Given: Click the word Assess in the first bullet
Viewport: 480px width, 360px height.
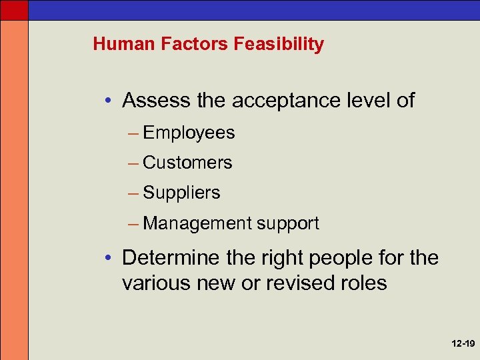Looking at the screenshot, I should [157, 101].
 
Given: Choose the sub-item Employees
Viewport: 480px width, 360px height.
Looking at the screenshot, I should [189, 133].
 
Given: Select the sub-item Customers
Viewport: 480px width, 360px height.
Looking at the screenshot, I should [187, 163].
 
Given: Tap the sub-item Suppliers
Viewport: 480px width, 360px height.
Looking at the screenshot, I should [181, 193].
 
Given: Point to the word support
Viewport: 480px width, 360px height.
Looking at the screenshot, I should [287, 224].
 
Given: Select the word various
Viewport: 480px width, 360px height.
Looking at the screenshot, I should [153, 283].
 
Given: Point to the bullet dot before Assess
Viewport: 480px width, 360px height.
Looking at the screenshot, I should [108, 101].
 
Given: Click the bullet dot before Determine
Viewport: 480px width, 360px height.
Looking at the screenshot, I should [108, 258].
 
